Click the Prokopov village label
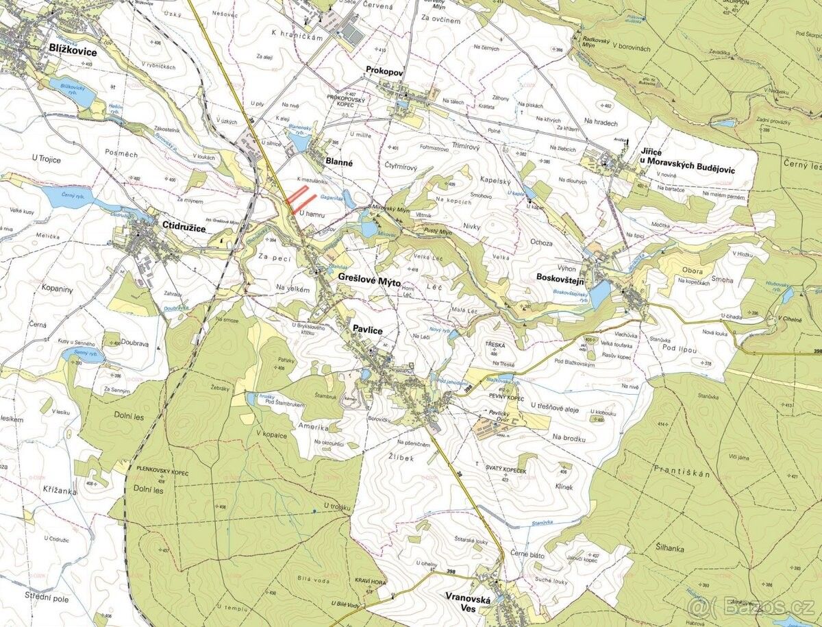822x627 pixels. [x=386, y=70]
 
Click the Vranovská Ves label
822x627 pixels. [x=469, y=604]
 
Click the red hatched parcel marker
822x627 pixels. [x=301, y=198]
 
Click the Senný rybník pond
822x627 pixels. [x=82, y=356]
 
